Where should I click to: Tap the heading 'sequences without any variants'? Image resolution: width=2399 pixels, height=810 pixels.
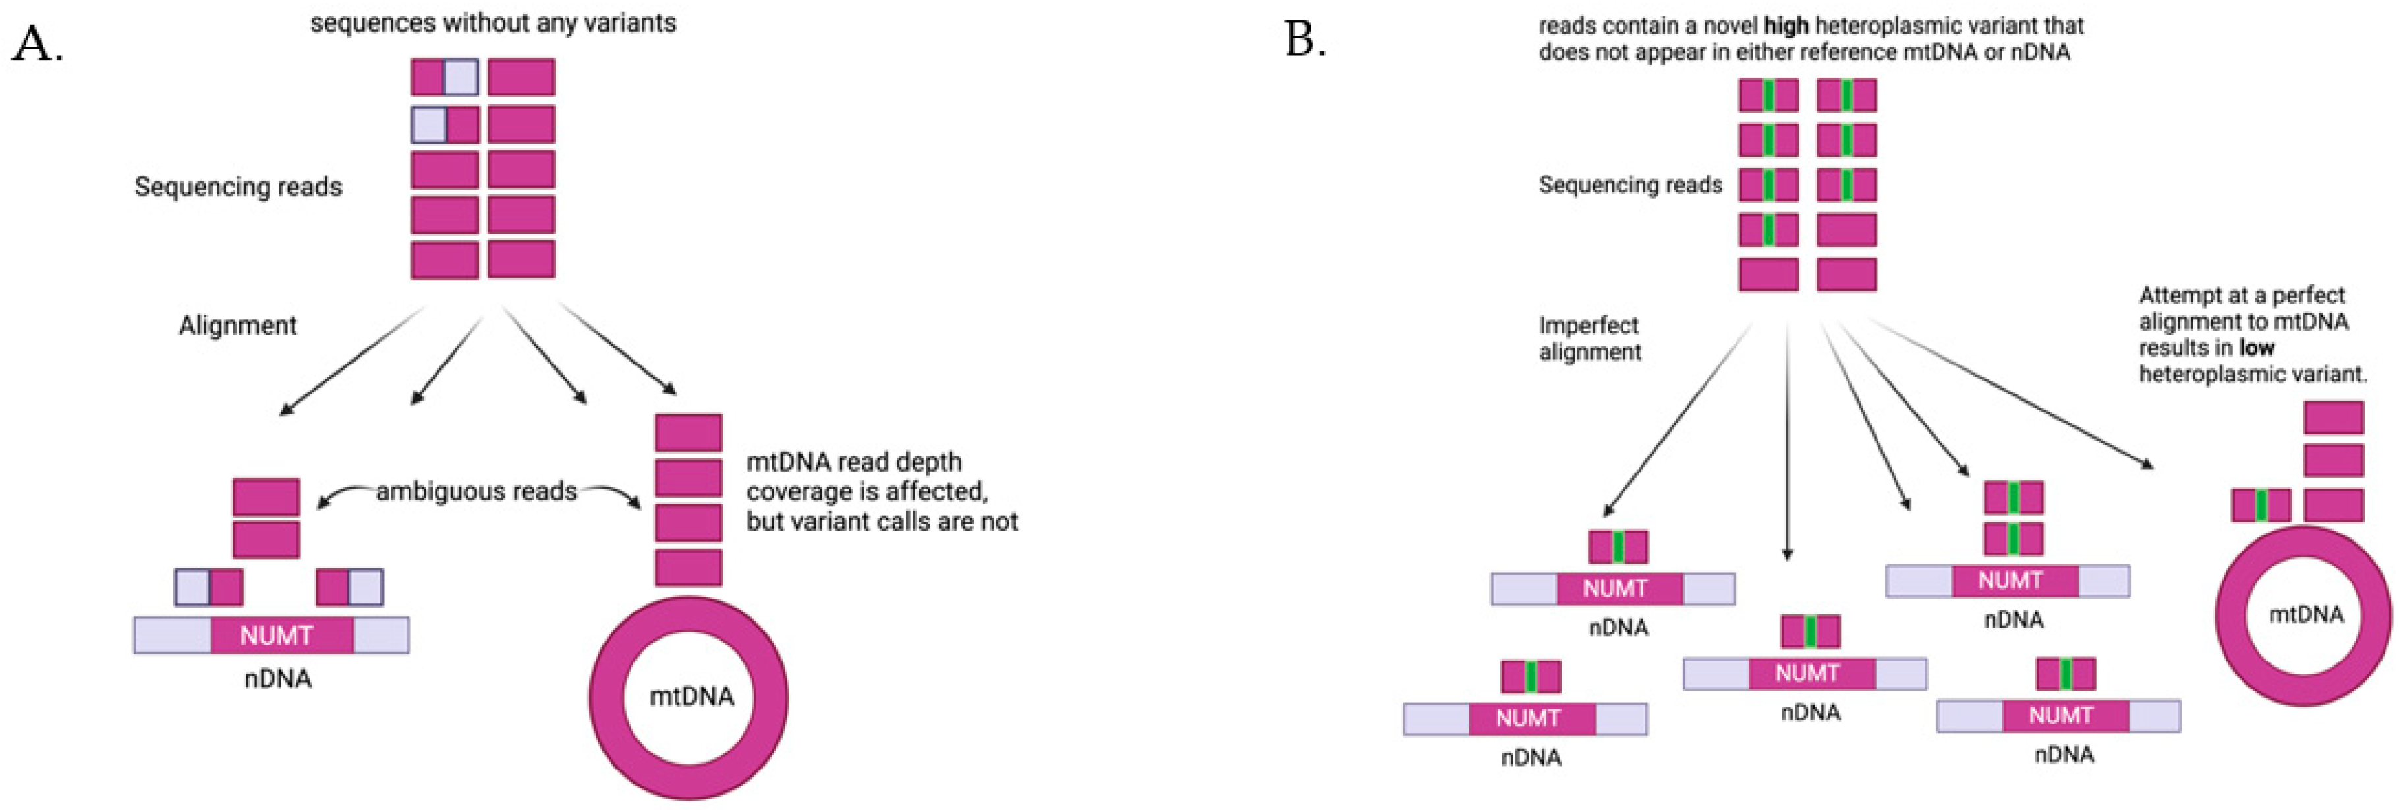(493, 22)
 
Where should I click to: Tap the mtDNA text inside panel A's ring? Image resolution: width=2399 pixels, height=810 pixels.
(691, 695)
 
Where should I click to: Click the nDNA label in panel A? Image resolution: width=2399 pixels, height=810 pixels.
(277, 679)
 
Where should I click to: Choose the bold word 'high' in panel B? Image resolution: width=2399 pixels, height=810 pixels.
(1786, 26)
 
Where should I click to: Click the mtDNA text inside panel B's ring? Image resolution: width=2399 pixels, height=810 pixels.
(2305, 614)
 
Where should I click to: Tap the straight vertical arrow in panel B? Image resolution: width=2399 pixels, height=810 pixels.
(1787, 437)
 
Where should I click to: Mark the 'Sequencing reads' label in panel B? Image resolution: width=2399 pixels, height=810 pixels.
(1630, 185)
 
